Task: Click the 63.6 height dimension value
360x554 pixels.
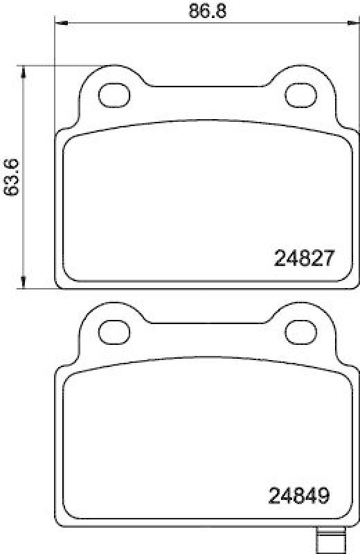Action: coord(10,177)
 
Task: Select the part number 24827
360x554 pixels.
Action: coord(305,260)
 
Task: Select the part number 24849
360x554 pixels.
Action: coord(298,497)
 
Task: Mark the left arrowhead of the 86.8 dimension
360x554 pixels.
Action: coord(60,24)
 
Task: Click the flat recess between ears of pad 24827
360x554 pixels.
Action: coord(207,87)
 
